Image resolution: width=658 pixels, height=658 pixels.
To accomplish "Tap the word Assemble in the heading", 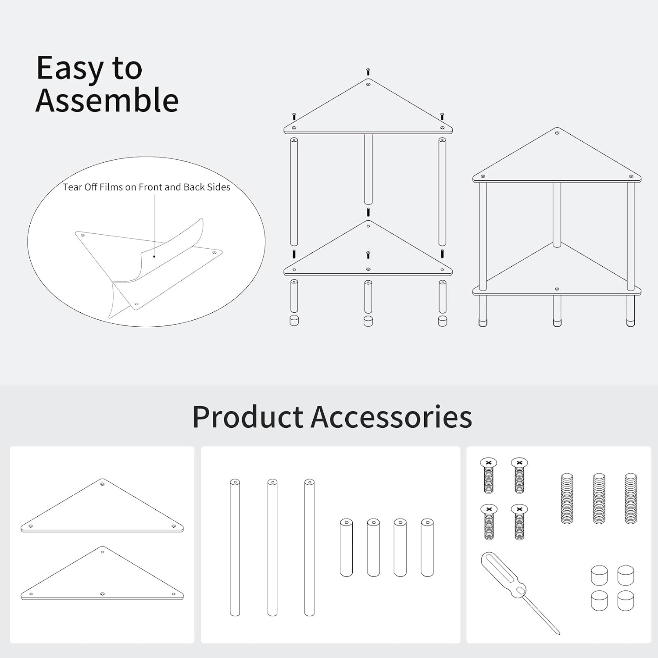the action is click(x=107, y=100).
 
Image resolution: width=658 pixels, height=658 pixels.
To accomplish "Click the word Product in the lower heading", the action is click(x=248, y=417).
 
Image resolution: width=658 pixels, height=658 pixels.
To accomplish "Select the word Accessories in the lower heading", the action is click(x=392, y=417).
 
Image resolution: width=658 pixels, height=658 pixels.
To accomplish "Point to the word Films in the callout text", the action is click(x=111, y=187).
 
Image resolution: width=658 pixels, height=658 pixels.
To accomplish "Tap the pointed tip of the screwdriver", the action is click(x=559, y=633).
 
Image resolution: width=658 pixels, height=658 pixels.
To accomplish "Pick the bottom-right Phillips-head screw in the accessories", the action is click(x=519, y=522).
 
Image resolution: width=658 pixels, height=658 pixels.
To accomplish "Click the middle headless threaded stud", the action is click(x=599, y=498).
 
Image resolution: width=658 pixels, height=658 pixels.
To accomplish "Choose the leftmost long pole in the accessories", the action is click(x=235, y=547).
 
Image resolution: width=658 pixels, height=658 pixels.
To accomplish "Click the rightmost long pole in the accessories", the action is click(x=309, y=547).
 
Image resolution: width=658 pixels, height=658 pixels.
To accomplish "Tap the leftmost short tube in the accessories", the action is click(x=346, y=547).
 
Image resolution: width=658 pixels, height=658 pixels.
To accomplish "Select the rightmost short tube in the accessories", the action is click(x=427, y=547).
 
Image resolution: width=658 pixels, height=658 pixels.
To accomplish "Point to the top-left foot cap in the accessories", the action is click(x=599, y=575).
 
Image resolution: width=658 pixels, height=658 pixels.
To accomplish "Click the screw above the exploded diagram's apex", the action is click(x=368, y=72).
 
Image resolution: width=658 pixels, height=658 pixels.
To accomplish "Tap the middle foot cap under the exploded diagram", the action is click(x=368, y=321).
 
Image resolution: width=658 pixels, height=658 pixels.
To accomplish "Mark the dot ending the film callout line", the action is click(x=154, y=256).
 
